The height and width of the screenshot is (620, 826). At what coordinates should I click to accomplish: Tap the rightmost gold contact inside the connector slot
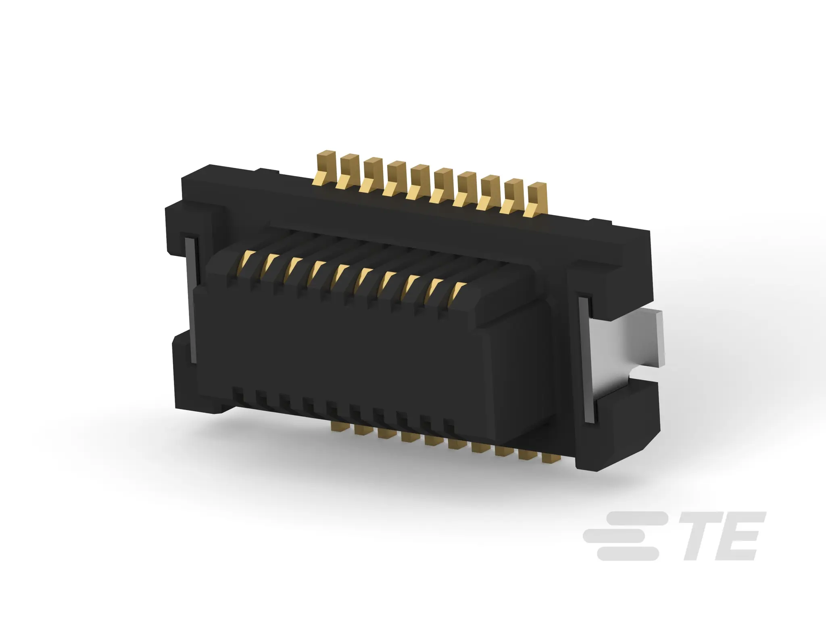pyautogui.click(x=459, y=291)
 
